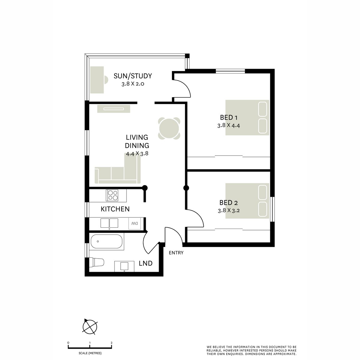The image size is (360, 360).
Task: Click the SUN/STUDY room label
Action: click(133, 76)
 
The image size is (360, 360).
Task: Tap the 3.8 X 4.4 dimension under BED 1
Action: click(229, 125)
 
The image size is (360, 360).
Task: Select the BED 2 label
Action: click(229, 202)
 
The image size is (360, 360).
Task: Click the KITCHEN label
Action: click(115, 209)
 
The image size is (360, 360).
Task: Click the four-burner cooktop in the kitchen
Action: click(113, 195)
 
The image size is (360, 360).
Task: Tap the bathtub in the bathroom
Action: click(107, 242)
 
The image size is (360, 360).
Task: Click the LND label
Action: click(145, 263)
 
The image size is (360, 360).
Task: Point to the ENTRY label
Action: click(176, 253)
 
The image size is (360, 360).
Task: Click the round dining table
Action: click(170, 128)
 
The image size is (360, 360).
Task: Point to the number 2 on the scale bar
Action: click(112, 343)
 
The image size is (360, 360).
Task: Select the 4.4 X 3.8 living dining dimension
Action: click(137, 153)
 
